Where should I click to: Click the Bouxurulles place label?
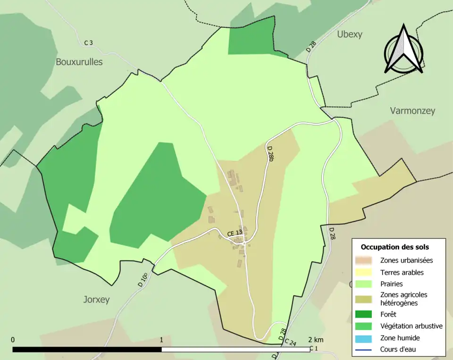point(79,62)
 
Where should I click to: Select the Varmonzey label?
point(412,111)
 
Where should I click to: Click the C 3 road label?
point(89,43)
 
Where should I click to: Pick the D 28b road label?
point(270,154)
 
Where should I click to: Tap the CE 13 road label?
point(235,233)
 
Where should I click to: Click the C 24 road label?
point(291,343)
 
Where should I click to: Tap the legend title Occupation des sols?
point(394,247)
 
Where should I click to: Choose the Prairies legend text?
point(391,284)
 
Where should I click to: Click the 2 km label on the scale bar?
point(316,340)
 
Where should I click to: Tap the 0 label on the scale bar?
point(13,340)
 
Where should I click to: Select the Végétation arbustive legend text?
point(411,326)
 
